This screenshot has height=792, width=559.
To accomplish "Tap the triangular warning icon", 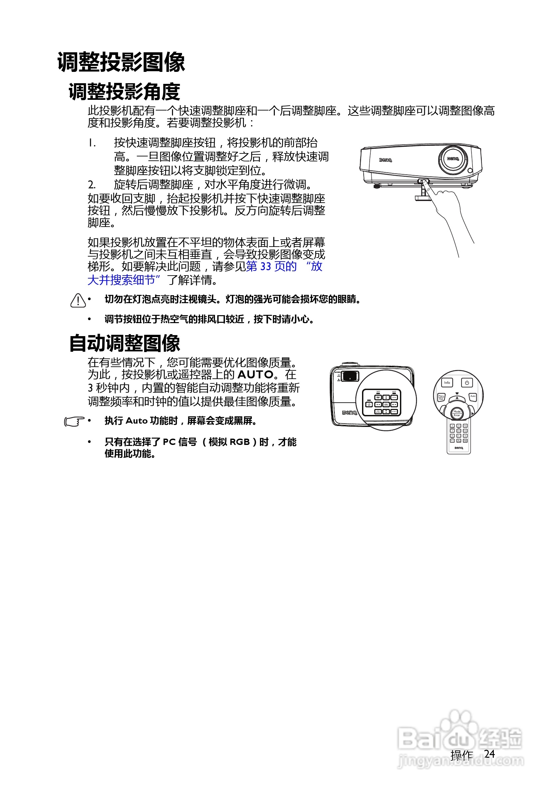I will click(x=78, y=300).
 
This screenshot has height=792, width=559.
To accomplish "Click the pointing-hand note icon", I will click(x=74, y=421).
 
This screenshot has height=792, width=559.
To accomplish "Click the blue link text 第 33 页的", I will click(x=272, y=266).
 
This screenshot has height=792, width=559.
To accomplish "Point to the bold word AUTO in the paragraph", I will click(x=255, y=375).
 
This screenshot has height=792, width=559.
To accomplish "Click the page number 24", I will click(x=489, y=754).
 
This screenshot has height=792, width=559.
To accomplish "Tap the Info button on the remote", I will click(x=447, y=383).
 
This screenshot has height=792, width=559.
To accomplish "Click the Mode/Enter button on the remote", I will click(x=457, y=413).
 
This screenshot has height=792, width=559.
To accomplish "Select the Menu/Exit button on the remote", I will click(x=441, y=397).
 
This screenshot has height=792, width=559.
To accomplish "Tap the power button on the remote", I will click(x=467, y=383).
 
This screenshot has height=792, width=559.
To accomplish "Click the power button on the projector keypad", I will click(x=369, y=404).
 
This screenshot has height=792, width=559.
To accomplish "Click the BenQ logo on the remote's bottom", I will click(x=459, y=448).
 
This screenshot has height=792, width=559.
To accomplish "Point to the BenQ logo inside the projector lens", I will click(x=453, y=159).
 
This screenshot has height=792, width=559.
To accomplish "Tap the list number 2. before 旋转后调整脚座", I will click(x=92, y=185).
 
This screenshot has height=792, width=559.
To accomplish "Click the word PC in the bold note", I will click(x=169, y=442).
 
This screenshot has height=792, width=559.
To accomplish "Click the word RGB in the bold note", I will click(x=239, y=442).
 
